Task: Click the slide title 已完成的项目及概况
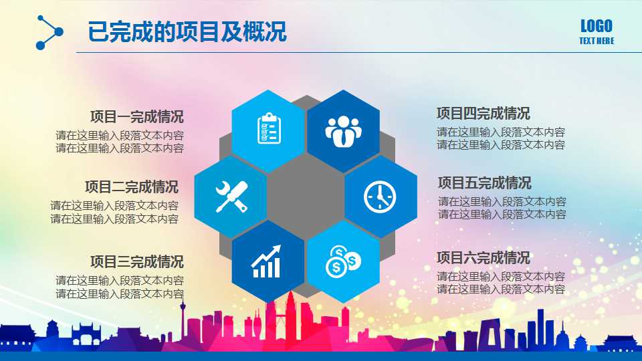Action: coord(187,31)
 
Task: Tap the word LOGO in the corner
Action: coord(596,26)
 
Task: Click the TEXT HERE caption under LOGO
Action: coord(596,41)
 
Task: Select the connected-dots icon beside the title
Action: coord(49,32)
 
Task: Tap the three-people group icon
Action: coord(343,130)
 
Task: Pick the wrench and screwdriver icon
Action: coord(231,197)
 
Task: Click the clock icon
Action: coord(380,197)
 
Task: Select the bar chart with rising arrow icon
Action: coord(267,261)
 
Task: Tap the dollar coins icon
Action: coord(343,261)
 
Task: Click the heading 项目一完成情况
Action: coord(136,116)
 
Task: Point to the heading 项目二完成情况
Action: coord(131,187)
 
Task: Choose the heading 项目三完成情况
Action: coord(136,261)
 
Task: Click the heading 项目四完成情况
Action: coord(483,113)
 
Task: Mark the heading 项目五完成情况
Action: coord(484,183)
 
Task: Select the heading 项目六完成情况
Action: coord(483,257)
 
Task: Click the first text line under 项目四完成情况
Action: coord(501,132)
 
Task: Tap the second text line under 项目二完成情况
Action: coord(114,219)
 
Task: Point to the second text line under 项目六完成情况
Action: coord(501,289)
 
